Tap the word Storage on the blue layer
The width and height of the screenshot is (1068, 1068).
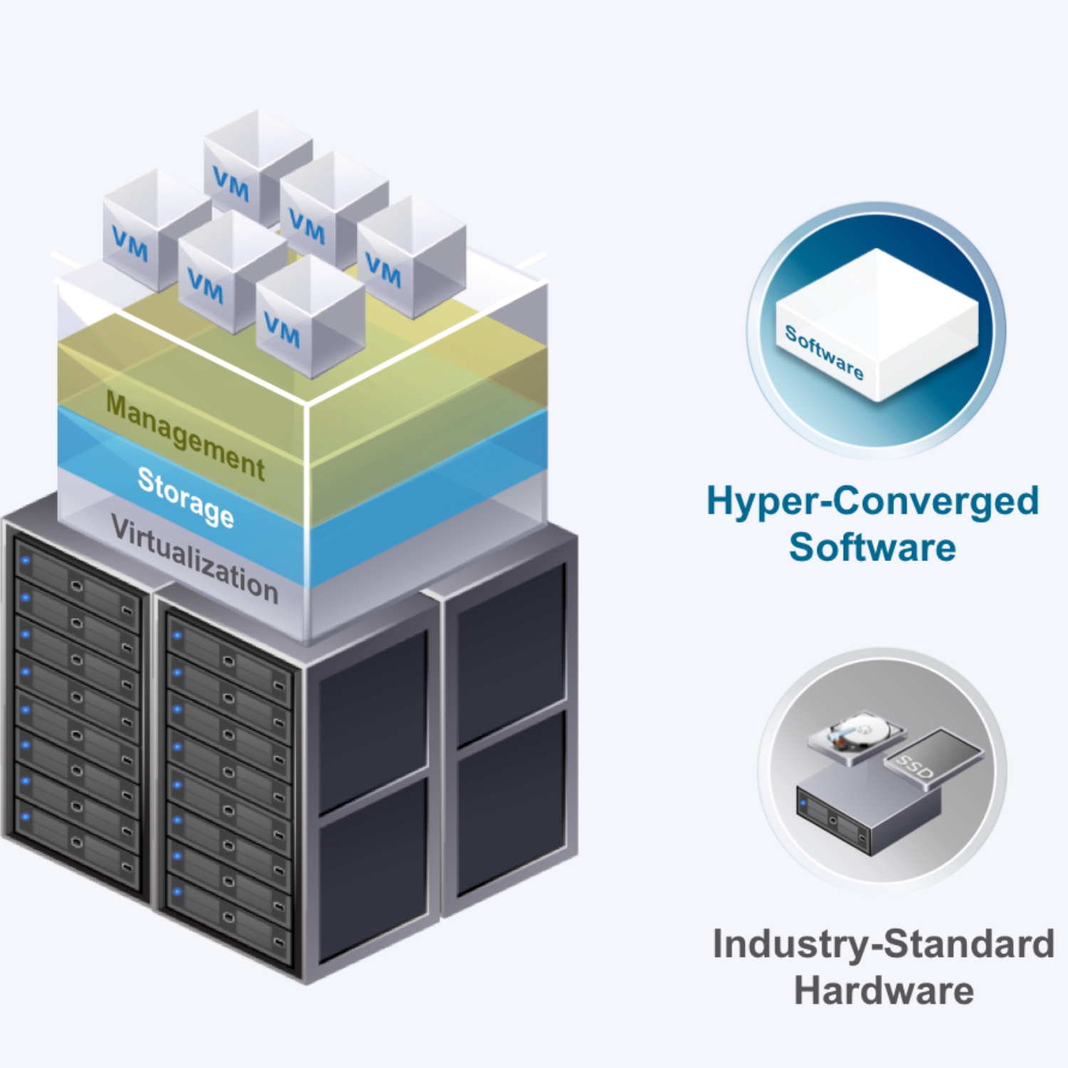186,497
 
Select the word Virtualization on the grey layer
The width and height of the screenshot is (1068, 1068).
194,560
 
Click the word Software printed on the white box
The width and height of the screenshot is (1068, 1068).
824,352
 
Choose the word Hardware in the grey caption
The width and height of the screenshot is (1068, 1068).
884,990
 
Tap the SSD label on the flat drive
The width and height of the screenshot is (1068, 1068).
915,768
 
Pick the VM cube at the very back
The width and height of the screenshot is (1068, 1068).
256,167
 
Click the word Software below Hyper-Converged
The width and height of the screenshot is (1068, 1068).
872,547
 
